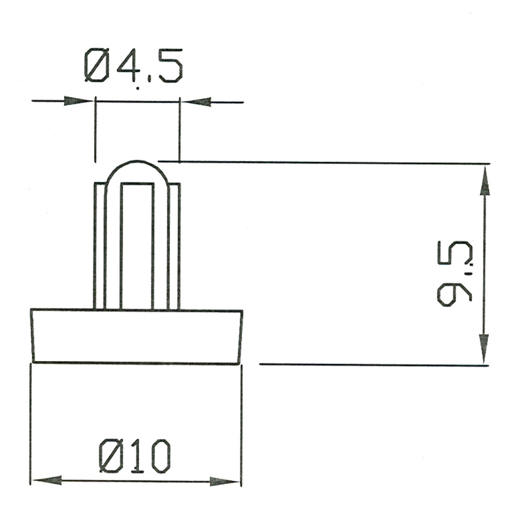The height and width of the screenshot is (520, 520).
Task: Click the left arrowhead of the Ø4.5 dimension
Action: pyautogui.click(x=78, y=101)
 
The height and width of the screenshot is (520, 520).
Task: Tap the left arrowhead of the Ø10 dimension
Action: pyautogui.click(x=47, y=480)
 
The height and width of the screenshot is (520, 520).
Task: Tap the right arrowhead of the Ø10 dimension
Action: pyautogui.click(x=225, y=481)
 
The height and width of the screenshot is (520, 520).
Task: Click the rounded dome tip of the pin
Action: pyautogui.click(x=136, y=168)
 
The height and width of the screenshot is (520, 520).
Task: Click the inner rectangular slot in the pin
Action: pyautogui.click(x=137, y=246)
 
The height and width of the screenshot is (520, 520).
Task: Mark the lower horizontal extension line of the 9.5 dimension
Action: pyautogui.click(x=369, y=364)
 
